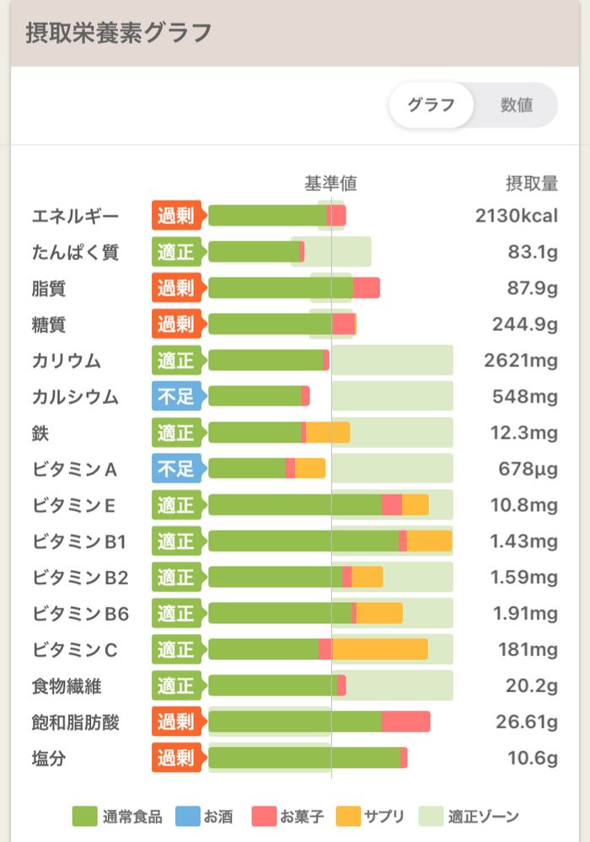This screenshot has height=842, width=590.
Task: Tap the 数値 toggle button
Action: [x=516, y=105]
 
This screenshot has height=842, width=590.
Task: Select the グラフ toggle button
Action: [x=431, y=105]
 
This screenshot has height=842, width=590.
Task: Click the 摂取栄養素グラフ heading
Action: [x=118, y=33]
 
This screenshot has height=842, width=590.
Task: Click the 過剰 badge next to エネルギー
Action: [x=175, y=216]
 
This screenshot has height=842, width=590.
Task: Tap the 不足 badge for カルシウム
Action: [x=175, y=397]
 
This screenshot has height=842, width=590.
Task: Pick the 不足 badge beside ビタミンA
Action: [x=175, y=469]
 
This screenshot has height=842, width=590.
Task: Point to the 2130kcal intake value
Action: [x=516, y=216]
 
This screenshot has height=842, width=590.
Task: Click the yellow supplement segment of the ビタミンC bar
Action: [x=379, y=649]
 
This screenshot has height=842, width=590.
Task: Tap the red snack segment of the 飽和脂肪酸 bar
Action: [x=405, y=722]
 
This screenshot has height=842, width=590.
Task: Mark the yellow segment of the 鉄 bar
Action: [x=327, y=433]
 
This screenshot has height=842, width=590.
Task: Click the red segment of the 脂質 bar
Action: [x=366, y=288]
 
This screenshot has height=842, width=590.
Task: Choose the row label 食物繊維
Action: [x=67, y=685]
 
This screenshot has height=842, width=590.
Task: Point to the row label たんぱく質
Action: [x=75, y=252]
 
